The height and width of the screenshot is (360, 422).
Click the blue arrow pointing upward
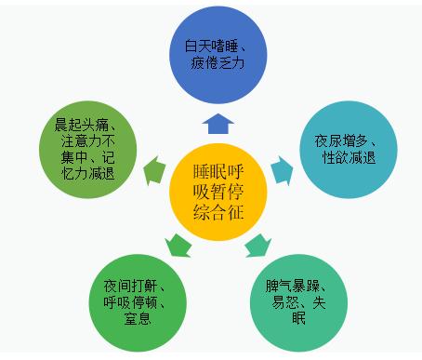[x=217, y=124]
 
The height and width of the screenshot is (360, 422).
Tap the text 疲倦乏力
[x=215, y=64]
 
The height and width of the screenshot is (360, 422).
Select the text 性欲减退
[x=348, y=158]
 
